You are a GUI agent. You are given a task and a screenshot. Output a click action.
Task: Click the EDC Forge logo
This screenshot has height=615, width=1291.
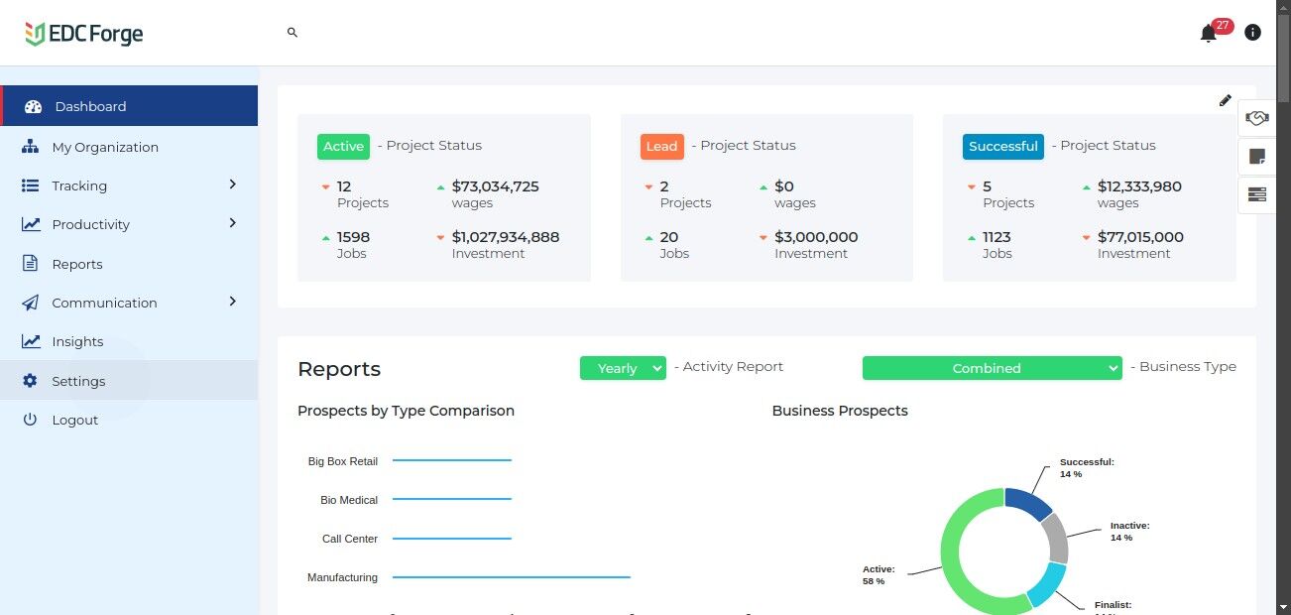click(84, 34)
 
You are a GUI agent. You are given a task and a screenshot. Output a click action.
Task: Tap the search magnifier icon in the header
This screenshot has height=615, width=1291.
click(293, 33)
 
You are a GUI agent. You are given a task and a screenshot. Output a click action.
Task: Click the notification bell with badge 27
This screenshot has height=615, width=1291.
click(1208, 34)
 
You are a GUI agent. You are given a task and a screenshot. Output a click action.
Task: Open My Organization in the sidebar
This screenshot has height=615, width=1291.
click(104, 147)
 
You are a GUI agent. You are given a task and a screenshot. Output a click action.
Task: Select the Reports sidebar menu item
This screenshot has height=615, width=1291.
click(76, 264)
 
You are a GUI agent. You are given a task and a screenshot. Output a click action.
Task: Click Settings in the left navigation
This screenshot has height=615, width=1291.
click(78, 381)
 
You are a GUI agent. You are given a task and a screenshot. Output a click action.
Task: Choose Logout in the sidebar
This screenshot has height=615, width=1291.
click(74, 420)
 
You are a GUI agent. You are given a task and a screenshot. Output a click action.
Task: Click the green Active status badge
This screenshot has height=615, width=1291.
click(343, 146)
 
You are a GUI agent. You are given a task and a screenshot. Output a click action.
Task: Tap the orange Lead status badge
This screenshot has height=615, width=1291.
click(661, 146)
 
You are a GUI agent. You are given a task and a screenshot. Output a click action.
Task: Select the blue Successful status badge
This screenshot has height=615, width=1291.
click(1002, 146)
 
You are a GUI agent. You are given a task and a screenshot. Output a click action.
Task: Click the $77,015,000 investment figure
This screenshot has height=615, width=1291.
click(1140, 237)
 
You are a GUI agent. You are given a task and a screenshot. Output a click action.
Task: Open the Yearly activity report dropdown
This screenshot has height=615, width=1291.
click(623, 368)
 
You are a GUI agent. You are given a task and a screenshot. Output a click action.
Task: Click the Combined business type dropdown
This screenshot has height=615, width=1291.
click(992, 368)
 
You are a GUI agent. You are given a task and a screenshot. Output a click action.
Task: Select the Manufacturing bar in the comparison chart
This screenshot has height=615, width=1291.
click(511, 576)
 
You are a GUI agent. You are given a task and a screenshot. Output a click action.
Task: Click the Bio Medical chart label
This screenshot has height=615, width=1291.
click(349, 500)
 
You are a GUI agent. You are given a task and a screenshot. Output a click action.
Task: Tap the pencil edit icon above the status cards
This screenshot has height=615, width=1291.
click(1226, 100)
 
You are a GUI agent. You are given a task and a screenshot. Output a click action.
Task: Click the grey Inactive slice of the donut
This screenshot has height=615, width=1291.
click(1055, 538)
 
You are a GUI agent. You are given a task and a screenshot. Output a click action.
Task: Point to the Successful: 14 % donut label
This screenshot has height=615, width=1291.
click(1087, 467)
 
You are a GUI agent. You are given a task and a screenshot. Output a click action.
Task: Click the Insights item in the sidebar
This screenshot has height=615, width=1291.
click(77, 341)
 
